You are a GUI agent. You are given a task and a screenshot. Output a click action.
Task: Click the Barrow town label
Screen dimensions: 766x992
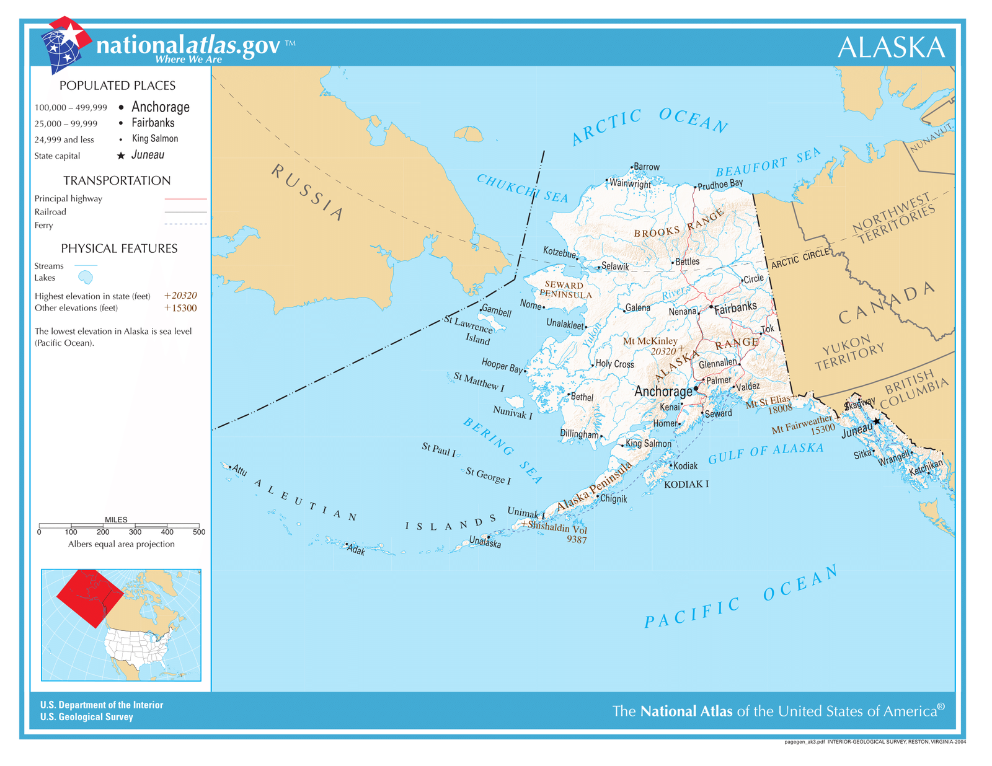pyautogui.click(x=646, y=167)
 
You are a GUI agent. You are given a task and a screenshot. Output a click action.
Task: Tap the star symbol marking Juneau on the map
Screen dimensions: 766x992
pyautogui.click(x=876, y=421)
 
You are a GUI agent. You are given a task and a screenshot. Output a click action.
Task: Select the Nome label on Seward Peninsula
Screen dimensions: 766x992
pyautogui.click(x=531, y=304)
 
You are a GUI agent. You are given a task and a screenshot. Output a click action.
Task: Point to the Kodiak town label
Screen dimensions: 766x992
pyautogui.click(x=685, y=465)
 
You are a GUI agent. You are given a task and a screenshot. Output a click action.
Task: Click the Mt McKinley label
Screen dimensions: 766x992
pyautogui.click(x=650, y=341)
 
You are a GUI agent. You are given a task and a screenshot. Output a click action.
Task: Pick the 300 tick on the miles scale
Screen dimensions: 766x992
pyautogui.click(x=135, y=532)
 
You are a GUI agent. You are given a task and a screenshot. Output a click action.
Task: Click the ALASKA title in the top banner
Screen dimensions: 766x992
pyautogui.click(x=890, y=48)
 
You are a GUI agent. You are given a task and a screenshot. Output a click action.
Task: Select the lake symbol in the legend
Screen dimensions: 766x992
pyautogui.click(x=85, y=277)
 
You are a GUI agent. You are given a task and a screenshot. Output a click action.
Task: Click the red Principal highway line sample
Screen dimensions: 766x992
pyautogui.click(x=185, y=199)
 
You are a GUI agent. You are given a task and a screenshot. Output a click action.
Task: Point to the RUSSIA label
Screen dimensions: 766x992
pyautogui.click(x=307, y=192)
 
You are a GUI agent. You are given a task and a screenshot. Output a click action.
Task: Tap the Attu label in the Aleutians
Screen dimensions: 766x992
pyautogui.click(x=239, y=470)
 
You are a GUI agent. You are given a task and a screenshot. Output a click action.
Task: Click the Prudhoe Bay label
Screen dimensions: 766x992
pyautogui.click(x=720, y=184)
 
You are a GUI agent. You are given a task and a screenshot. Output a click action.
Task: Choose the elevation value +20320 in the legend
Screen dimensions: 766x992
pyautogui.click(x=180, y=296)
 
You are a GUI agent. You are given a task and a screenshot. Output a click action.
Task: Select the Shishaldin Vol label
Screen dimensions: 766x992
pyautogui.click(x=557, y=527)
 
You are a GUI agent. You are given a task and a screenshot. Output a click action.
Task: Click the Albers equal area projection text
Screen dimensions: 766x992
pyautogui.click(x=121, y=544)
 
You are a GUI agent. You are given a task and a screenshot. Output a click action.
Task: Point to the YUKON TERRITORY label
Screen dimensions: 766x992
pyautogui.click(x=849, y=353)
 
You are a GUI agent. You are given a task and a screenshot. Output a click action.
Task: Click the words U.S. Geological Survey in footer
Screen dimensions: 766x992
pyautogui.click(x=86, y=717)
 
